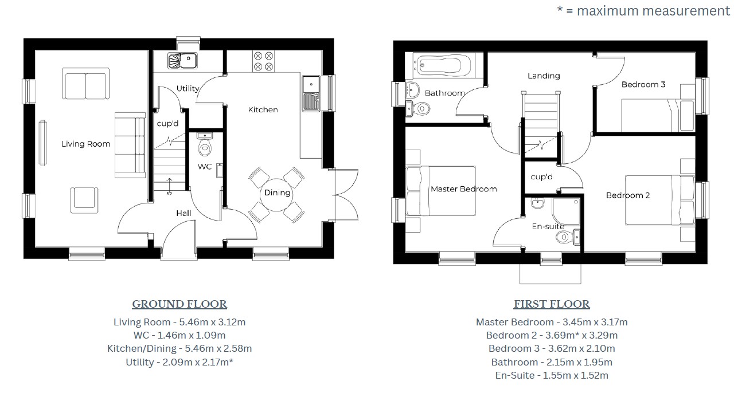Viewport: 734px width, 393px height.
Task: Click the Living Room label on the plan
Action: click(85, 144)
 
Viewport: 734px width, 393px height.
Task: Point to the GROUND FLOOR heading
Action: click(179, 304)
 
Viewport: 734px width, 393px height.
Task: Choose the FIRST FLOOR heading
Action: click(551, 304)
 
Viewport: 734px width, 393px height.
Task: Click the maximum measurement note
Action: click(643, 10)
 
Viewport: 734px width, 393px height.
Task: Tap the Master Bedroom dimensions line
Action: click(551, 322)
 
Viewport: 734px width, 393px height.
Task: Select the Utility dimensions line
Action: click(179, 362)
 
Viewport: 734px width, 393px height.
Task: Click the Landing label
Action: click(544, 76)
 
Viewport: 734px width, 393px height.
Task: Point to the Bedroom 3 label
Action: click(643, 84)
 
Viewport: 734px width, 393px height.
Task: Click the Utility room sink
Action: click(182, 60)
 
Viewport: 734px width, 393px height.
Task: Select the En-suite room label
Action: click(548, 226)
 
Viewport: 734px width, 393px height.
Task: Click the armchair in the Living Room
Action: click(85, 198)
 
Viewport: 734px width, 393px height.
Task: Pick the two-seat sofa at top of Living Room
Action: click(85, 85)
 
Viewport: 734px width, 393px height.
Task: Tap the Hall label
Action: click(183, 213)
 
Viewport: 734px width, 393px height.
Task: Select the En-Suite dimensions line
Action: click(551, 376)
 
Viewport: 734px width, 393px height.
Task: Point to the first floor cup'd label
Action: click(541, 177)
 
